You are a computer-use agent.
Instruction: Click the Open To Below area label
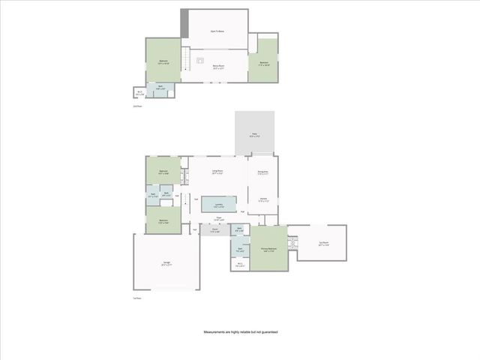pyautogui.click(x=217, y=31)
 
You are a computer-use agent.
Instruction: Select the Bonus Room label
pyautogui.click(x=219, y=66)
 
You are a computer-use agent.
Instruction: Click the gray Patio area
pyautogui.click(x=255, y=135)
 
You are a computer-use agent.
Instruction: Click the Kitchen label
pyautogui.click(x=262, y=199)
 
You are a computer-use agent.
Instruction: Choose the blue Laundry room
pyautogui.click(x=218, y=204)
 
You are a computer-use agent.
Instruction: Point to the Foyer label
pyautogui.click(x=219, y=218)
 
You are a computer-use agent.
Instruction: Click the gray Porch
pyautogui.click(x=214, y=231)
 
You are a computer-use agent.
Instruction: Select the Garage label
pyautogui.click(x=166, y=263)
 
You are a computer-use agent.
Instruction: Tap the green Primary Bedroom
pyautogui.click(x=269, y=247)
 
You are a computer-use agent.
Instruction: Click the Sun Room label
pyautogui.click(x=323, y=244)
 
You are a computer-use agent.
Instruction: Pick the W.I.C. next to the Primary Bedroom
pyautogui.click(x=240, y=264)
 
